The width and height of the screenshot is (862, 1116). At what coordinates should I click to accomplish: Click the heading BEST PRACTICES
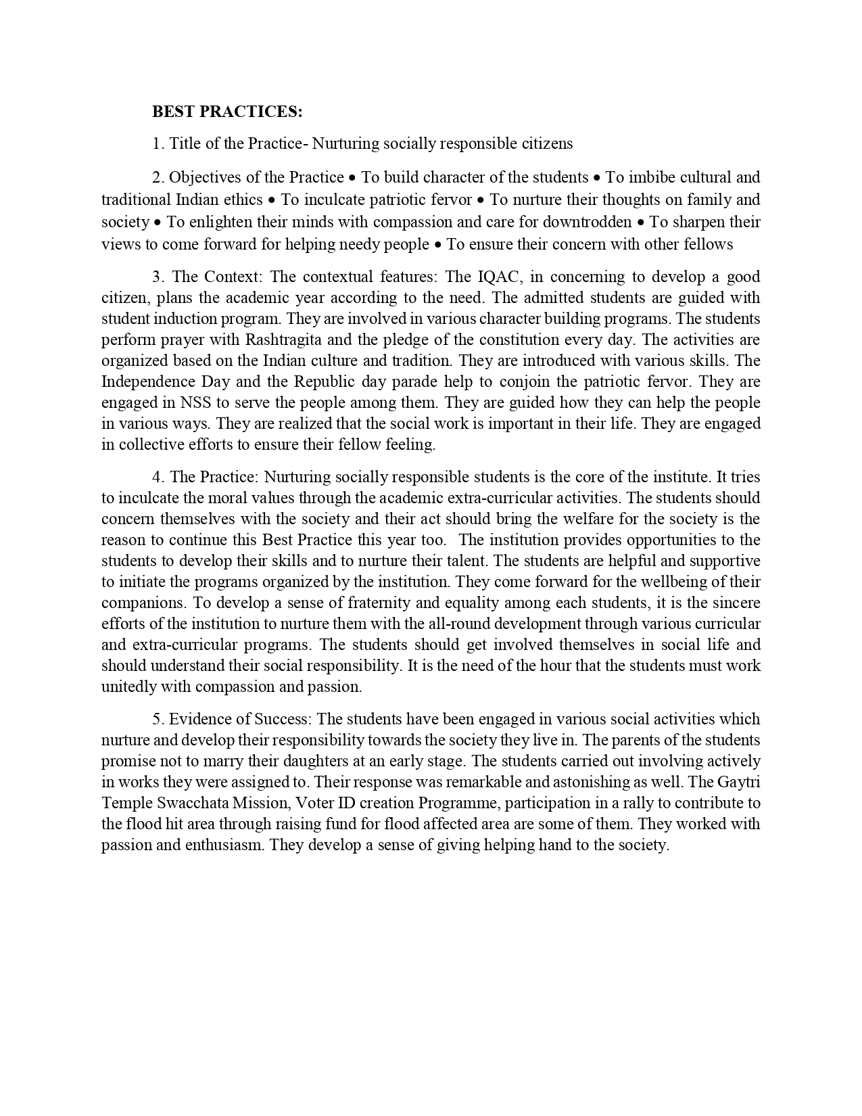pyautogui.click(x=227, y=112)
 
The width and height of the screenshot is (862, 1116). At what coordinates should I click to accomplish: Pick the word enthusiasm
pyautogui.click(x=223, y=845)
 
